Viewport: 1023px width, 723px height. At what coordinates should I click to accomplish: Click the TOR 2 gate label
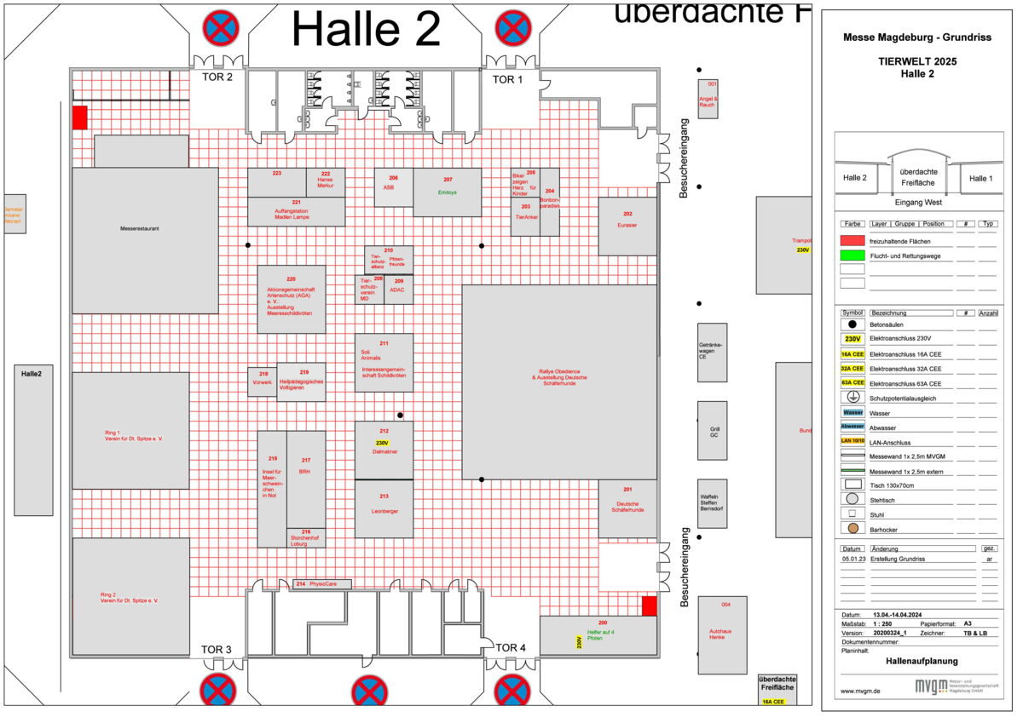(217, 77)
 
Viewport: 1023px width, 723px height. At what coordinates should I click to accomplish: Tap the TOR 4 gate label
(511, 648)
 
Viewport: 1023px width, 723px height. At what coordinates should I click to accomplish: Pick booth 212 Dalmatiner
(384, 450)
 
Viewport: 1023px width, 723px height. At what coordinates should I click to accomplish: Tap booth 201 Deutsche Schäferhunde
(627, 508)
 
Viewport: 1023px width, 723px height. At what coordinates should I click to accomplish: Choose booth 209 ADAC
(398, 290)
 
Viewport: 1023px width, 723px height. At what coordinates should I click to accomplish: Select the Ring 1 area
(130, 430)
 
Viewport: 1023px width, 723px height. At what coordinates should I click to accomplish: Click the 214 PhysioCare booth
(321, 584)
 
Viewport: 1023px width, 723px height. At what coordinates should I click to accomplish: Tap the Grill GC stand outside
(713, 431)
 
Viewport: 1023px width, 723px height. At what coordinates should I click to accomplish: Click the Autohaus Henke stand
(722, 634)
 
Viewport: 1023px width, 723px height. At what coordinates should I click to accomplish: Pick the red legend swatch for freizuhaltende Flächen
(852, 241)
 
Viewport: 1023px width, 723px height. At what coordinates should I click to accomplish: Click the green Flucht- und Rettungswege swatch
(852, 255)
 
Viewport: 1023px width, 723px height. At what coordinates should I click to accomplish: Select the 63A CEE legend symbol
(852, 383)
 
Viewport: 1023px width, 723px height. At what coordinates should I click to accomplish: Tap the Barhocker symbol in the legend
(852, 529)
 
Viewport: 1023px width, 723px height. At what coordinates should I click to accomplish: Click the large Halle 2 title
(366, 30)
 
